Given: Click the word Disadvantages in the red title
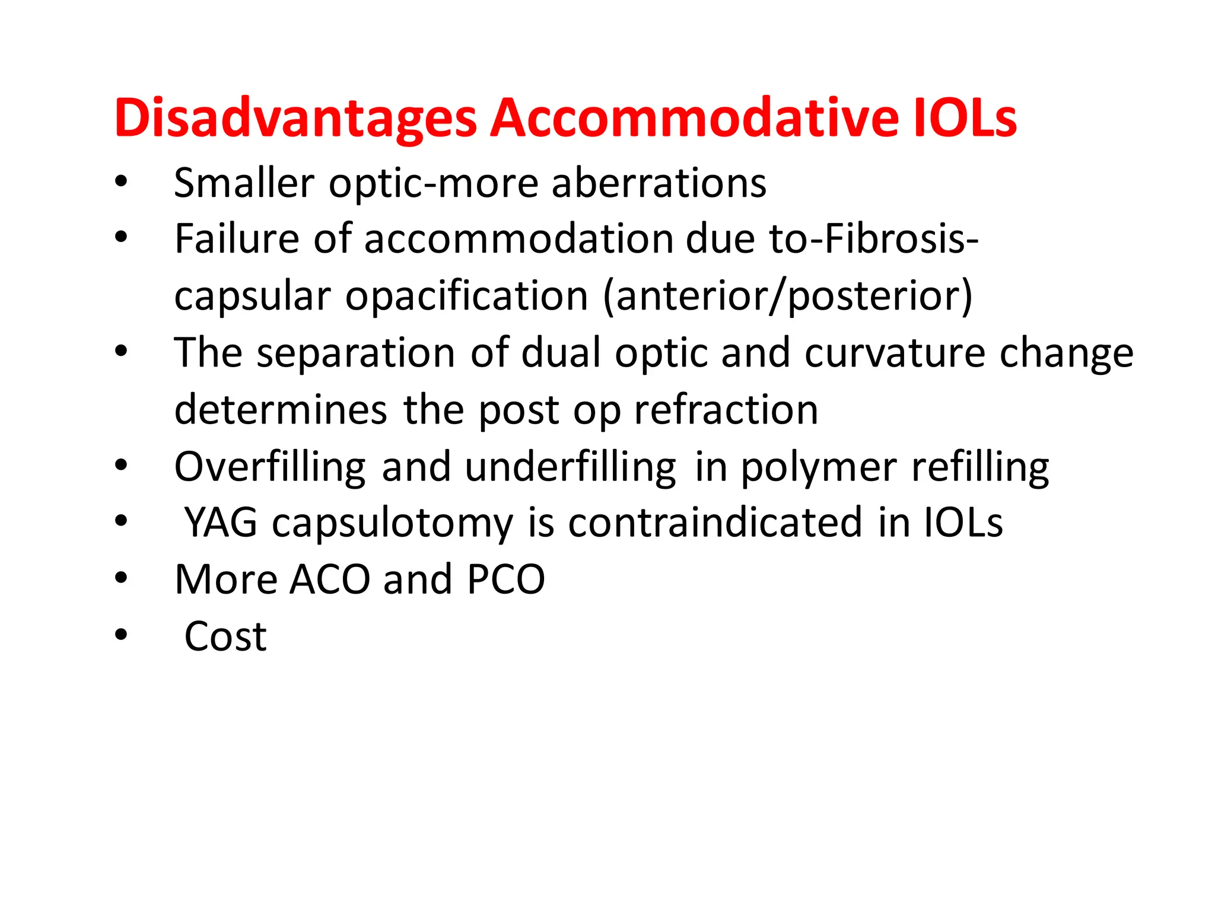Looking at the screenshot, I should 295,119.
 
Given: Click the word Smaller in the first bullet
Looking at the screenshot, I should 243,183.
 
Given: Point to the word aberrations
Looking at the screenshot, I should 659,183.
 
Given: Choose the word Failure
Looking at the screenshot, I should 237,239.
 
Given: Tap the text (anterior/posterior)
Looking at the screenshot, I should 788,295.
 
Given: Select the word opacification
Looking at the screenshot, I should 466,296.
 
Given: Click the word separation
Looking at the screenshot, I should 355,353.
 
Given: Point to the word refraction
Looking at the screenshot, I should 726,410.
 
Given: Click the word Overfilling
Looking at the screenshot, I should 270,467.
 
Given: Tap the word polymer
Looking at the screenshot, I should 819,467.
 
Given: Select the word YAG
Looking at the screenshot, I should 221,523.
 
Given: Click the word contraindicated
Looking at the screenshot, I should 715,523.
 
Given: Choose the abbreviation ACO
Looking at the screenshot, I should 330,579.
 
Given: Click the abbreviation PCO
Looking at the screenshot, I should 505,579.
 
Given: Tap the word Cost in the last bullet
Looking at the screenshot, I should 225,636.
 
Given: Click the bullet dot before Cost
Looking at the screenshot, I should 121,635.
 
